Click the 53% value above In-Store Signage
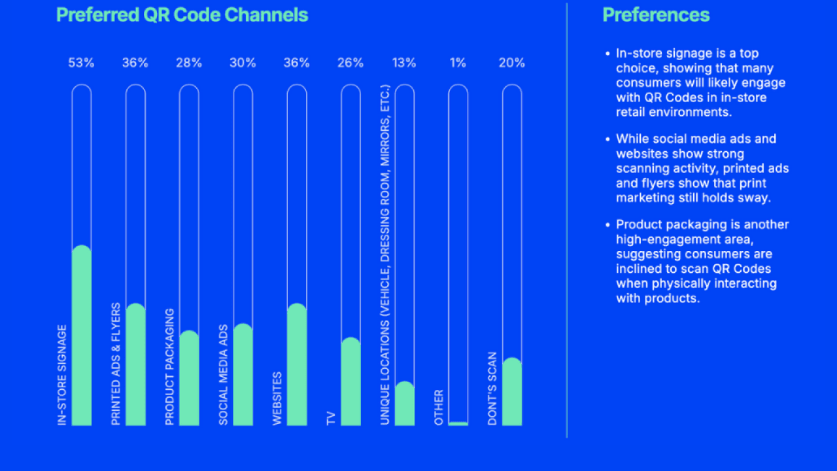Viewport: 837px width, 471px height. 81,63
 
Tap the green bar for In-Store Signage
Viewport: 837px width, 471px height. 81,337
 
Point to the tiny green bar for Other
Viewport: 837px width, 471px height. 458,423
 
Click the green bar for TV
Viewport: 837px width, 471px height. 350,382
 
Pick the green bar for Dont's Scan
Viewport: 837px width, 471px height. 512,392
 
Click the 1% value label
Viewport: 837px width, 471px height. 458,63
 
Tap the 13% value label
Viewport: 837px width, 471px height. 404,63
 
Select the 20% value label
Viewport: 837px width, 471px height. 512,63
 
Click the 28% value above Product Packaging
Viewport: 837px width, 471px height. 189,63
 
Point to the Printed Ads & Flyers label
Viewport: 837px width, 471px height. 116,364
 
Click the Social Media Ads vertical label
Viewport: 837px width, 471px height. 224,374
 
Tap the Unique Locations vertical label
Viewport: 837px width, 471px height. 385,255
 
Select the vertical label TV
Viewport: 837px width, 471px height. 332,418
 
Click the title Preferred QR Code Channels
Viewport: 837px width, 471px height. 182,15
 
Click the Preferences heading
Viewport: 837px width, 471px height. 656,15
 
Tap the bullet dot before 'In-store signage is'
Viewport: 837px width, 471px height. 607,54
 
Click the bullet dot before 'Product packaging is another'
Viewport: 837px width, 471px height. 607,225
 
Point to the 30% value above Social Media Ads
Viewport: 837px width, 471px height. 243,63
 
